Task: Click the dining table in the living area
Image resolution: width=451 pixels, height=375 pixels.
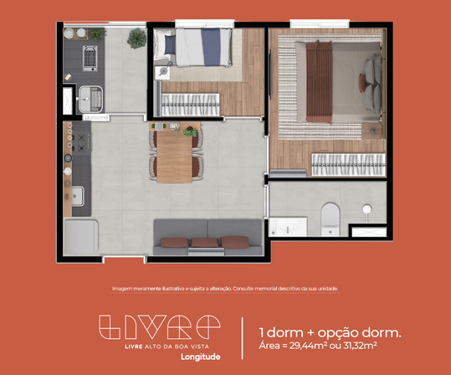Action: (x=173, y=157)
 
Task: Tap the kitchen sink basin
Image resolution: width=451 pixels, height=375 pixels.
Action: (x=76, y=196)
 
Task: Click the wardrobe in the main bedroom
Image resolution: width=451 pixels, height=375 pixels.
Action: (x=346, y=163)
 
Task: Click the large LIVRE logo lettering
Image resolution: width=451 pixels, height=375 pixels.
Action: (x=159, y=327)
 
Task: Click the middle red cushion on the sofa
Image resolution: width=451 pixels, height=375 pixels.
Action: (x=203, y=243)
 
